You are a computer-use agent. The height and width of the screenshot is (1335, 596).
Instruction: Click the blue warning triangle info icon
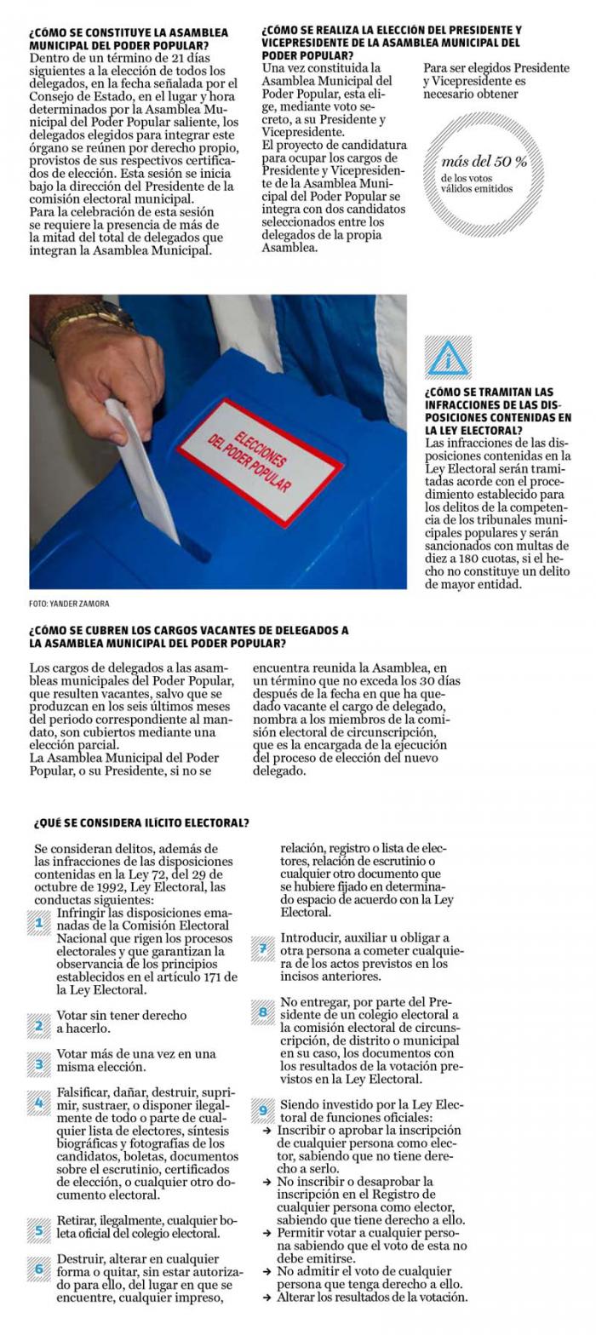coord(448,357)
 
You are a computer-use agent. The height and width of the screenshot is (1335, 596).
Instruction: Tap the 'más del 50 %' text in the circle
coord(484,161)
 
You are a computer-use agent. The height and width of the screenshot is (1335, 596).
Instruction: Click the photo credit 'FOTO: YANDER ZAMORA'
coord(69,604)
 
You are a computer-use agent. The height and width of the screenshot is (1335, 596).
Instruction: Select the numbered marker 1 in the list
coord(39,923)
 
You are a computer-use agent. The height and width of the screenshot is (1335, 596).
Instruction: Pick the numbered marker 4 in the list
coord(39,1103)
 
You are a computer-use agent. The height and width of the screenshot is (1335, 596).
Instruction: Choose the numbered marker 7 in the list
coord(263,948)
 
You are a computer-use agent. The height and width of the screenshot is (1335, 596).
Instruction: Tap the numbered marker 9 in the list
coord(263,1109)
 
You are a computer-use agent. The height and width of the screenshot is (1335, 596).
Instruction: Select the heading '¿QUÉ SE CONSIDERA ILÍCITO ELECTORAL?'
coord(141,823)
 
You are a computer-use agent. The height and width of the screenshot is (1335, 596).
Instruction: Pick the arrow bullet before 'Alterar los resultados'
coord(267,1298)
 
